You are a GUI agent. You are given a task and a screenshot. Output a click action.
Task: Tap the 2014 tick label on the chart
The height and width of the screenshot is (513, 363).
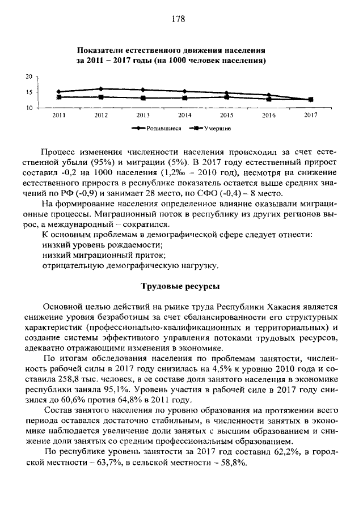click(x=185, y=115)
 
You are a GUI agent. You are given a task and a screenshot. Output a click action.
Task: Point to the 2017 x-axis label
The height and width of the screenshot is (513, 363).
click(x=310, y=115)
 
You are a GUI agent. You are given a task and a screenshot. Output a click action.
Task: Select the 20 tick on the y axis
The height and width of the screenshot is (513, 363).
click(x=28, y=76)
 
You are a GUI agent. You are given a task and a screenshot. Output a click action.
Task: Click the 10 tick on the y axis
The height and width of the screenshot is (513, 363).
click(x=28, y=108)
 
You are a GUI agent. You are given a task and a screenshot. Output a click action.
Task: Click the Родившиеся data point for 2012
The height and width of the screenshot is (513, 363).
click(x=101, y=89)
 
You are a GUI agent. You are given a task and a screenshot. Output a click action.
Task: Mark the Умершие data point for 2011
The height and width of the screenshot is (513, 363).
click(x=59, y=97)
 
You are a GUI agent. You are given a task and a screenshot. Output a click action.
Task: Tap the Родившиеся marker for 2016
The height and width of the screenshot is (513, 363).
click(x=268, y=95)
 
